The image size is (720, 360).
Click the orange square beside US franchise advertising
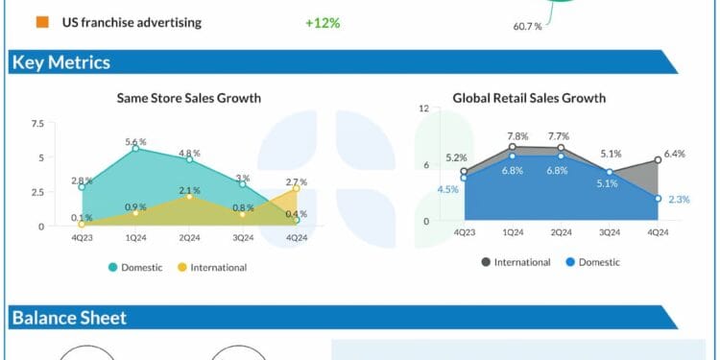(42, 21)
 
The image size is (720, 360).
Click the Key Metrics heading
(60, 63)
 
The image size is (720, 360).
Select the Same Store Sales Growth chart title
(188, 98)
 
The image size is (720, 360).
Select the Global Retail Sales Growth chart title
(529, 98)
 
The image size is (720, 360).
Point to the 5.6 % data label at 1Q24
(135, 142)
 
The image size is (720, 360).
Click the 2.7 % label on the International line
(297, 181)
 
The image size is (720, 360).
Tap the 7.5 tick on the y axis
(37, 124)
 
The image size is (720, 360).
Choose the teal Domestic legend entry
(135, 267)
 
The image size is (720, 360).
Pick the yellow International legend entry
(213, 267)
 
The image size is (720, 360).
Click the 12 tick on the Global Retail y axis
(423, 108)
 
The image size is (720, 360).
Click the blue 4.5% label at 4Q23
(447, 189)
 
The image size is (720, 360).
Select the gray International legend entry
(516, 261)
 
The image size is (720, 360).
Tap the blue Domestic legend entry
(592, 261)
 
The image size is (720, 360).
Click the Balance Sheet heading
(68, 318)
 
